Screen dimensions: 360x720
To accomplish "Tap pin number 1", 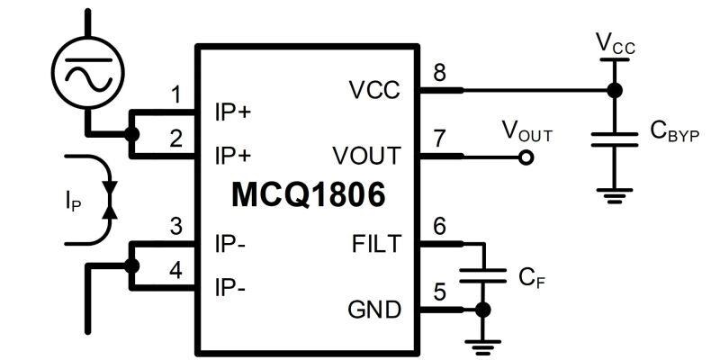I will (x=176, y=94).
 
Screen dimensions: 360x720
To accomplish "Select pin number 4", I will (x=176, y=269).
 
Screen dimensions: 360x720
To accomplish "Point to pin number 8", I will (x=439, y=73).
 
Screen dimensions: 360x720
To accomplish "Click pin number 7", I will (x=439, y=139).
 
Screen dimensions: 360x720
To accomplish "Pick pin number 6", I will (x=439, y=226).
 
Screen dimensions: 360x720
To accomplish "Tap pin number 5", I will (x=439, y=292).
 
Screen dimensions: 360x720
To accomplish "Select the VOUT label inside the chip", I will (x=364, y=156).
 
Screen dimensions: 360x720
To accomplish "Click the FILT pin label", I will (x=376, y=243).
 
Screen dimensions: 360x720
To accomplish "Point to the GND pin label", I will (x=373, y=310).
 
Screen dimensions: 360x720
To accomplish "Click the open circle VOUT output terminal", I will (x=526, y=157).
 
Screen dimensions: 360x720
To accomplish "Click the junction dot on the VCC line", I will (x=614, y=90).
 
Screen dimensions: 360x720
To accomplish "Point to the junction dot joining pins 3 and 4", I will (x=132, y=265).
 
